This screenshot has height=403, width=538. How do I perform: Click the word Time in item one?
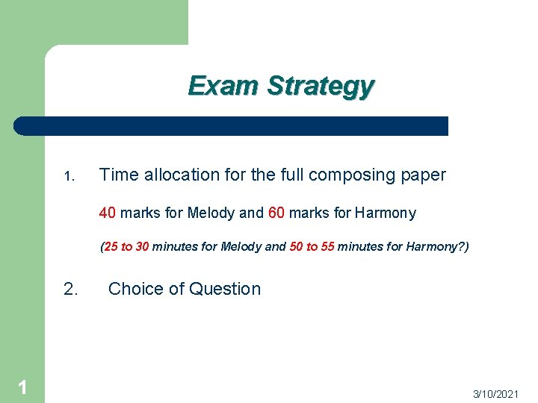118,175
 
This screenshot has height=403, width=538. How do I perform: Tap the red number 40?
107,213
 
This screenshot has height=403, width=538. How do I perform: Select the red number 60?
276,213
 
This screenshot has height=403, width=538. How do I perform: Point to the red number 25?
112,247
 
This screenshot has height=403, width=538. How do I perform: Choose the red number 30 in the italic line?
141,247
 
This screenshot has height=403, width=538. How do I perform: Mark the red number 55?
327,247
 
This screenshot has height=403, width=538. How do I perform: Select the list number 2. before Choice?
71,289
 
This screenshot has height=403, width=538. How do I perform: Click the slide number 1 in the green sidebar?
22,387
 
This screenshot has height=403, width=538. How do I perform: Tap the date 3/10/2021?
495,393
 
